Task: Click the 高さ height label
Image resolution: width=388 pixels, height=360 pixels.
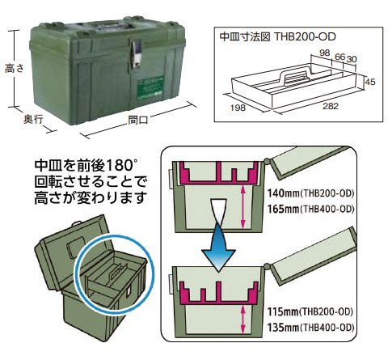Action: click(x=15, y=69)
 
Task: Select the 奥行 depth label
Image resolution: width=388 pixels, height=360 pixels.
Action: click(x=33, y=119)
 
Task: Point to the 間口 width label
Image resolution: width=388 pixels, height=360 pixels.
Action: click(x=138, y=120)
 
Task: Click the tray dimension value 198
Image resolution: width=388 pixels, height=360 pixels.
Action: click(x=238, y=108)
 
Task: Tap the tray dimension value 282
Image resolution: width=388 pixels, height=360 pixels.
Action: click(x=331, y=106)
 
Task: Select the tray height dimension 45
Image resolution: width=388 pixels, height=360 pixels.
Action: click(x=369, y=82)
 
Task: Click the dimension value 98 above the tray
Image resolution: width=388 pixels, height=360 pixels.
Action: click(x=325, y=53)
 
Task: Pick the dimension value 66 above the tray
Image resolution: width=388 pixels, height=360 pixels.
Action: click(x=339, y=57)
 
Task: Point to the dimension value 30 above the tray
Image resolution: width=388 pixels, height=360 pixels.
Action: click(x=352, y=59)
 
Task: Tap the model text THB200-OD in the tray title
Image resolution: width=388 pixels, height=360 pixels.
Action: click(x=305, y=36)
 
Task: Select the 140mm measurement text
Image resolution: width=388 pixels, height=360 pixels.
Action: click(x=283, y=193)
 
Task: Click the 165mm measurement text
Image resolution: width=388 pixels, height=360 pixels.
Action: click(x=283, y=209)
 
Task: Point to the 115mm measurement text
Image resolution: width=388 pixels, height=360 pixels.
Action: click(x=283, y=311)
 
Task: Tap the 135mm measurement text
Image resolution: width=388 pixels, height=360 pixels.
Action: click(x=283, y=328)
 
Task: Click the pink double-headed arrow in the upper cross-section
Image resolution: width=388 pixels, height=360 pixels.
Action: click(x=243, y=206)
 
